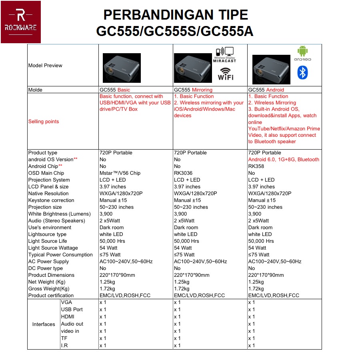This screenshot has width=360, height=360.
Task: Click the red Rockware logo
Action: point(21,22)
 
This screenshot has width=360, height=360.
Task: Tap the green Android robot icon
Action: point(302,51)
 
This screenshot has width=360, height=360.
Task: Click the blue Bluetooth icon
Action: point(302,72)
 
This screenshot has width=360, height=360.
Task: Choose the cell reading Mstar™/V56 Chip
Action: point(120,173)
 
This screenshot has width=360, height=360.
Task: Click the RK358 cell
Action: point(256,166)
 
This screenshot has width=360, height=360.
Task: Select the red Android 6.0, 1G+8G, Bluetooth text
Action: point(284,160)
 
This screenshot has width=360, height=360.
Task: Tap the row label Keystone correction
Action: point(51,200)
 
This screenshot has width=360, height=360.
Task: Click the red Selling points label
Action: point(44,122)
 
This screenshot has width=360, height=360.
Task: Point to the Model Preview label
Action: point(45,66)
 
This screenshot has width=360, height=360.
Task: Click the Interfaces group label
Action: point(44,324)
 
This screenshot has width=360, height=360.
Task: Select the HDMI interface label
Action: point(68,317)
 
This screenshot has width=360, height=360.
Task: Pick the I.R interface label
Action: point(64,346)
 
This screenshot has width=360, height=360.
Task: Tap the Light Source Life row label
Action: point(48,241)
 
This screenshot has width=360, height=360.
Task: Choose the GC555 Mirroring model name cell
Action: point(193,90)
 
